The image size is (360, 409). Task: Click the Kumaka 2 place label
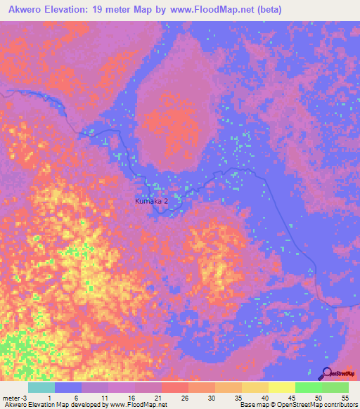pos(151,202)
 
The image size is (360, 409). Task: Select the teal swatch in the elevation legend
pos(41,387)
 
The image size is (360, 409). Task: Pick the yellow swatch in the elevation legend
pos(281,387)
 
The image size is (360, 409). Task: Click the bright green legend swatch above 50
pos(308,387)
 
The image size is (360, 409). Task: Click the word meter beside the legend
pos(11,398)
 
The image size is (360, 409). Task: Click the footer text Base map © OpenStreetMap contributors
pos(297,405)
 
